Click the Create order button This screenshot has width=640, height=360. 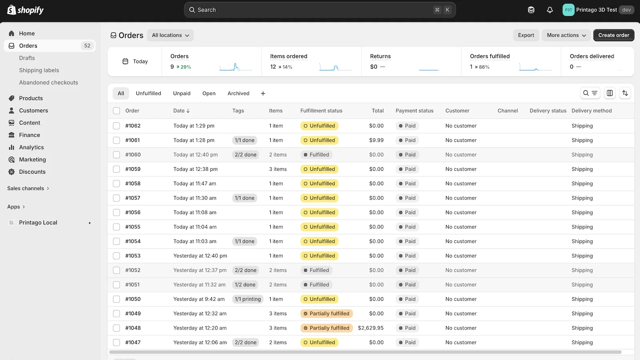[x=614, y=35]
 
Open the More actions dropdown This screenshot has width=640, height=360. [x=566, y=35]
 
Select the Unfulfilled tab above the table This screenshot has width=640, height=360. [x=148, y=93]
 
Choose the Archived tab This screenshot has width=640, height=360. [x=238, y=93]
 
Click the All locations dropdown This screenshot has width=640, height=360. [x=170, y=35]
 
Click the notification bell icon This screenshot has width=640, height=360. [x=550, y=10]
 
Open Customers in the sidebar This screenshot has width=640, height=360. [x=33, y=110]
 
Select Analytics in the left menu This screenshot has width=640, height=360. [x=31, y=147]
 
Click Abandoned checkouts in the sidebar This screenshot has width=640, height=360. [x=48, y=82]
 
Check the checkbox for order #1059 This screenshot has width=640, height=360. [x=116, y=169]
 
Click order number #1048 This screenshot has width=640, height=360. [x=133, y=328]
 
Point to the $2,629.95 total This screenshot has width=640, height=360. [x=370, y=328]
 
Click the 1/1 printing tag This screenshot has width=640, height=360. [x=248, y=299]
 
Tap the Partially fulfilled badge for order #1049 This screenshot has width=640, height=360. [x=326, y=314]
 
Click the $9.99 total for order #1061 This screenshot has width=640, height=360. [x=376, y=140]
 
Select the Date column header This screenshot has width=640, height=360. [x=181, y=111]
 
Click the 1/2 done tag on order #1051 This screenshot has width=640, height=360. [x=245, y=285]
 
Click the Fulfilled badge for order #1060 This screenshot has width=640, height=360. [x=316, y=155]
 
